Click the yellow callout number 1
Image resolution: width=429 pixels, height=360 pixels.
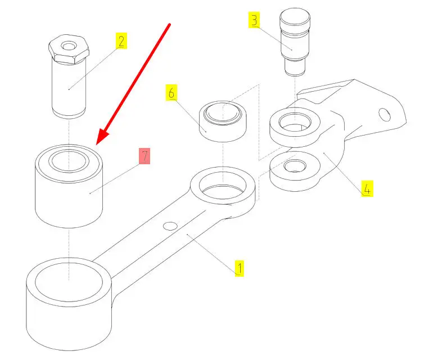point(240,268)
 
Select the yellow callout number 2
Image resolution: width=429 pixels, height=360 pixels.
point(121,41)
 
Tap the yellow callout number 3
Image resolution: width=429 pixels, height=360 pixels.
point(254,20)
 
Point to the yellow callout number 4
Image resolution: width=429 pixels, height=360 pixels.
point(367,188)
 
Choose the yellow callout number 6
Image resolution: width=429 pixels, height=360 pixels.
point(171,93)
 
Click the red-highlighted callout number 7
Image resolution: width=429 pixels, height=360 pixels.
point(144,156)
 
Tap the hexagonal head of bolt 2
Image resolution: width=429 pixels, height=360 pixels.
point(69,49)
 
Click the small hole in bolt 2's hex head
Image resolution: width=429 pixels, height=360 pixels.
point(69,46)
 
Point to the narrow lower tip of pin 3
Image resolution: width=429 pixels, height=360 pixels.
point(295,67)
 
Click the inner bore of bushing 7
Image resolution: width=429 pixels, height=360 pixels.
point(69,161)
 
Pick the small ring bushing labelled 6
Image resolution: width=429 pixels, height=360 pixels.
point(223,121)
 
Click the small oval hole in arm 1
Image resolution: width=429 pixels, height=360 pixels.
point(170,226)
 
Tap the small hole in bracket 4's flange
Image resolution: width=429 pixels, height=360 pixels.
point(384,114)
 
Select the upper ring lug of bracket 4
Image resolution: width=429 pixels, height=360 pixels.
point(295,127)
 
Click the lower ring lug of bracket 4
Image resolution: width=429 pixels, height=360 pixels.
point(295,171)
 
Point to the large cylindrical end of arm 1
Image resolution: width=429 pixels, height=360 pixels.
point(69,304)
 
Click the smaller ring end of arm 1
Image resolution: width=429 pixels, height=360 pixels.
point(223,192)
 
